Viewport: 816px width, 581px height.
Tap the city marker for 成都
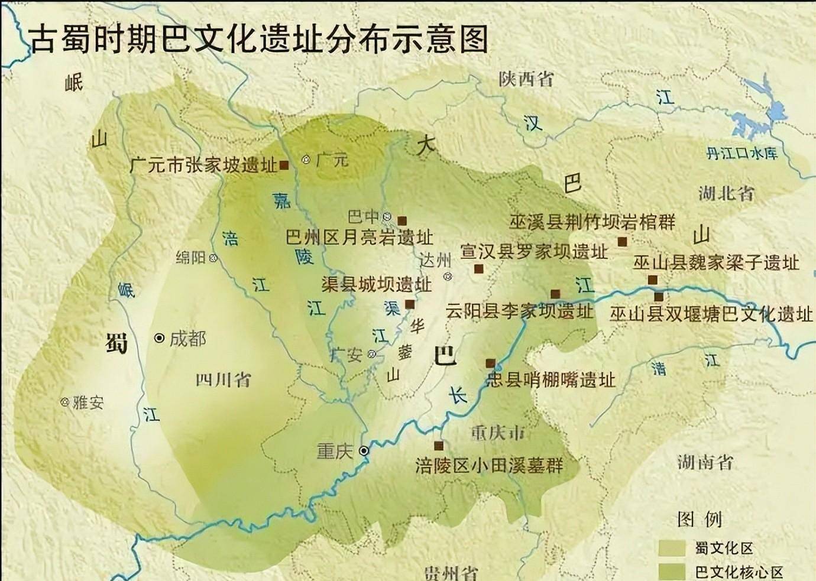(158, 338)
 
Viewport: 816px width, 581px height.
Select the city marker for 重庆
(364, 451)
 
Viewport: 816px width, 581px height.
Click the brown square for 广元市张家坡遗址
(284, 165)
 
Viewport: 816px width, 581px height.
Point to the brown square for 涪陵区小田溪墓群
(439, 445)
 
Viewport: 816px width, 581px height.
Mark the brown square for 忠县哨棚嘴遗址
(490, 363)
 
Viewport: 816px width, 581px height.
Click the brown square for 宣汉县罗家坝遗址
(478, 269)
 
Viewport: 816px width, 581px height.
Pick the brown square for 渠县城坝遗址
(409, 304)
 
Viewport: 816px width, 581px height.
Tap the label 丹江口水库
(741, 154)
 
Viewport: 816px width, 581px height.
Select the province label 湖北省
(726, 193)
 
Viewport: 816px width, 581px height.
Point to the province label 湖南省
(705, 462)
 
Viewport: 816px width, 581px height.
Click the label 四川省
(223, 379)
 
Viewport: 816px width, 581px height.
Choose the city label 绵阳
(190, 258)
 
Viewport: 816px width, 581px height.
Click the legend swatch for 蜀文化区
(673, 548)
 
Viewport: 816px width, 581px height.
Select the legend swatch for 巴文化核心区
(673, 571)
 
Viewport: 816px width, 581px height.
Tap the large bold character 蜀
(116, 342)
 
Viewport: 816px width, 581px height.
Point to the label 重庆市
(498, 433)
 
